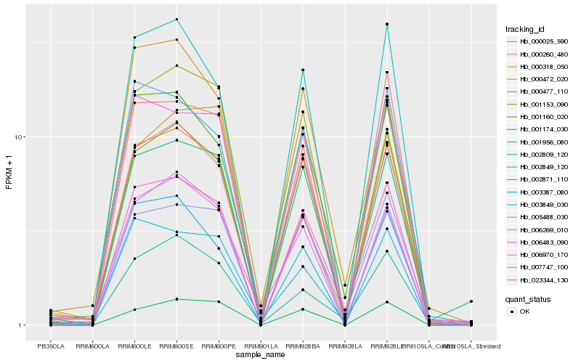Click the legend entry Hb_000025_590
543,41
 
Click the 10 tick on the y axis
21,137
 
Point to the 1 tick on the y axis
23,325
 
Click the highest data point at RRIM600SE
176,19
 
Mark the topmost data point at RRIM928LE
387,25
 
